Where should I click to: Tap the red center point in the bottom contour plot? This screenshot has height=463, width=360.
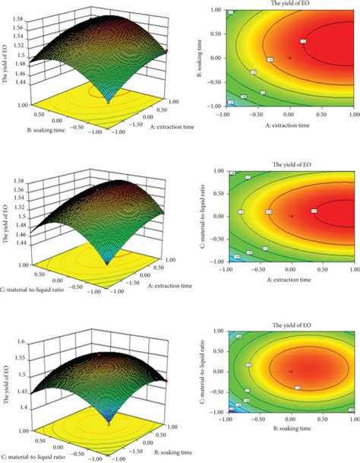(x=290, y=371)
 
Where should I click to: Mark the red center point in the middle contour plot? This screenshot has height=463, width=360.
(x=290, y=216)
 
